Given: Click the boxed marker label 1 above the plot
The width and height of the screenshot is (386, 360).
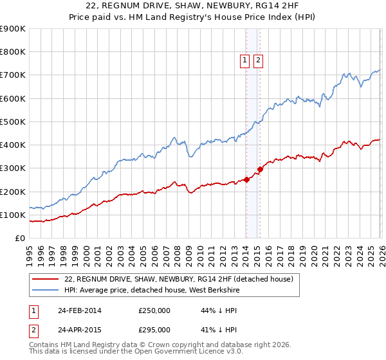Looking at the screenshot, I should pyautogui.click(x=245, y=60).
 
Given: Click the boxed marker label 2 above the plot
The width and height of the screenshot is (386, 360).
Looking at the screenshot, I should pyautogui.click(x=258, y=60).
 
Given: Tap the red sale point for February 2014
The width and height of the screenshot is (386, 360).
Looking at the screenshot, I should pyautogui.click(x=246, y=180).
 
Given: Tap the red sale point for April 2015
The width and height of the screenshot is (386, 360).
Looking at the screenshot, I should pyautogui.click(x=260, y=170).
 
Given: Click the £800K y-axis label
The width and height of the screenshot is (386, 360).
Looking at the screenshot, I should pyautogui.click(x=13, y=52).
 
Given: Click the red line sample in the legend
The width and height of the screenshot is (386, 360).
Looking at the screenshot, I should pyautogui.click(x=45, y=279).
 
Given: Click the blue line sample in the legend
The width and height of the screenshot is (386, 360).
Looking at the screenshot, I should pyautogui.click(x=45, y=290).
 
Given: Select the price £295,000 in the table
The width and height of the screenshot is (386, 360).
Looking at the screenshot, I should pyautogui.click(x=154, y=330).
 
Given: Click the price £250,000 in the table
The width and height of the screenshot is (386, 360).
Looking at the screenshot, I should pyautogui.click(x=154, y=310).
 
